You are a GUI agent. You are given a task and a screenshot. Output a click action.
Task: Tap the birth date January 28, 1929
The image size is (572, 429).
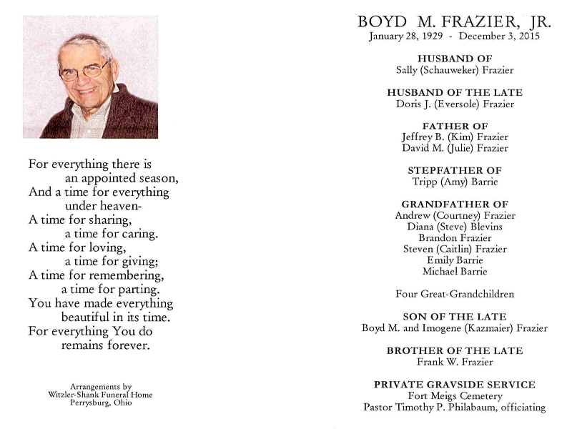pos(404,36)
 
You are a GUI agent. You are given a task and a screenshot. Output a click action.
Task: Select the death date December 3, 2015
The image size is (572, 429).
pos(500,36)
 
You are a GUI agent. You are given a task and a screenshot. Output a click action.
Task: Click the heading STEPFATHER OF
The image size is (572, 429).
pos(455,170)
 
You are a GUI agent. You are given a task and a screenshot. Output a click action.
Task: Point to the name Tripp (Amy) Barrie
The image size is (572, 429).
pos(455,182)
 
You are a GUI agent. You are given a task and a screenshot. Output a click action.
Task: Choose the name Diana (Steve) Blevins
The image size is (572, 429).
pos(455,227)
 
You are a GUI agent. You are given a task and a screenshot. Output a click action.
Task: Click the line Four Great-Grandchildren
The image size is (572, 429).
pos(455,294)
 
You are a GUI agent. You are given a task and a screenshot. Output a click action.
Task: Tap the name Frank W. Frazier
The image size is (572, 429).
pos(455,362)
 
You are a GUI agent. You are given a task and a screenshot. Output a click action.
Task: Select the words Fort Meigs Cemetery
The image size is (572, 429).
pos(455,396)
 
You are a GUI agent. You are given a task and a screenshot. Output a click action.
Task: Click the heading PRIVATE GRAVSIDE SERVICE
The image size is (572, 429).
pos(455,385)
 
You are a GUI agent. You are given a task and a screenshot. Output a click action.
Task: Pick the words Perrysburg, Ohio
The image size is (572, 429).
pos(101,403)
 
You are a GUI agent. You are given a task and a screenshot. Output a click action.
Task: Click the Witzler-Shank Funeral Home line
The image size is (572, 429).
pos(101,395)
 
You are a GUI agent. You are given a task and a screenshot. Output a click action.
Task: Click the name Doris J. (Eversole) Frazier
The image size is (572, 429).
pos(455,104)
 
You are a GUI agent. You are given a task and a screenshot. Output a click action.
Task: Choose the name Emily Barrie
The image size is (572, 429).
pos(455,260)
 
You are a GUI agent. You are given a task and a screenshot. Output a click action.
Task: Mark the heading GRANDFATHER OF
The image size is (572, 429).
pos(455,204)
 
